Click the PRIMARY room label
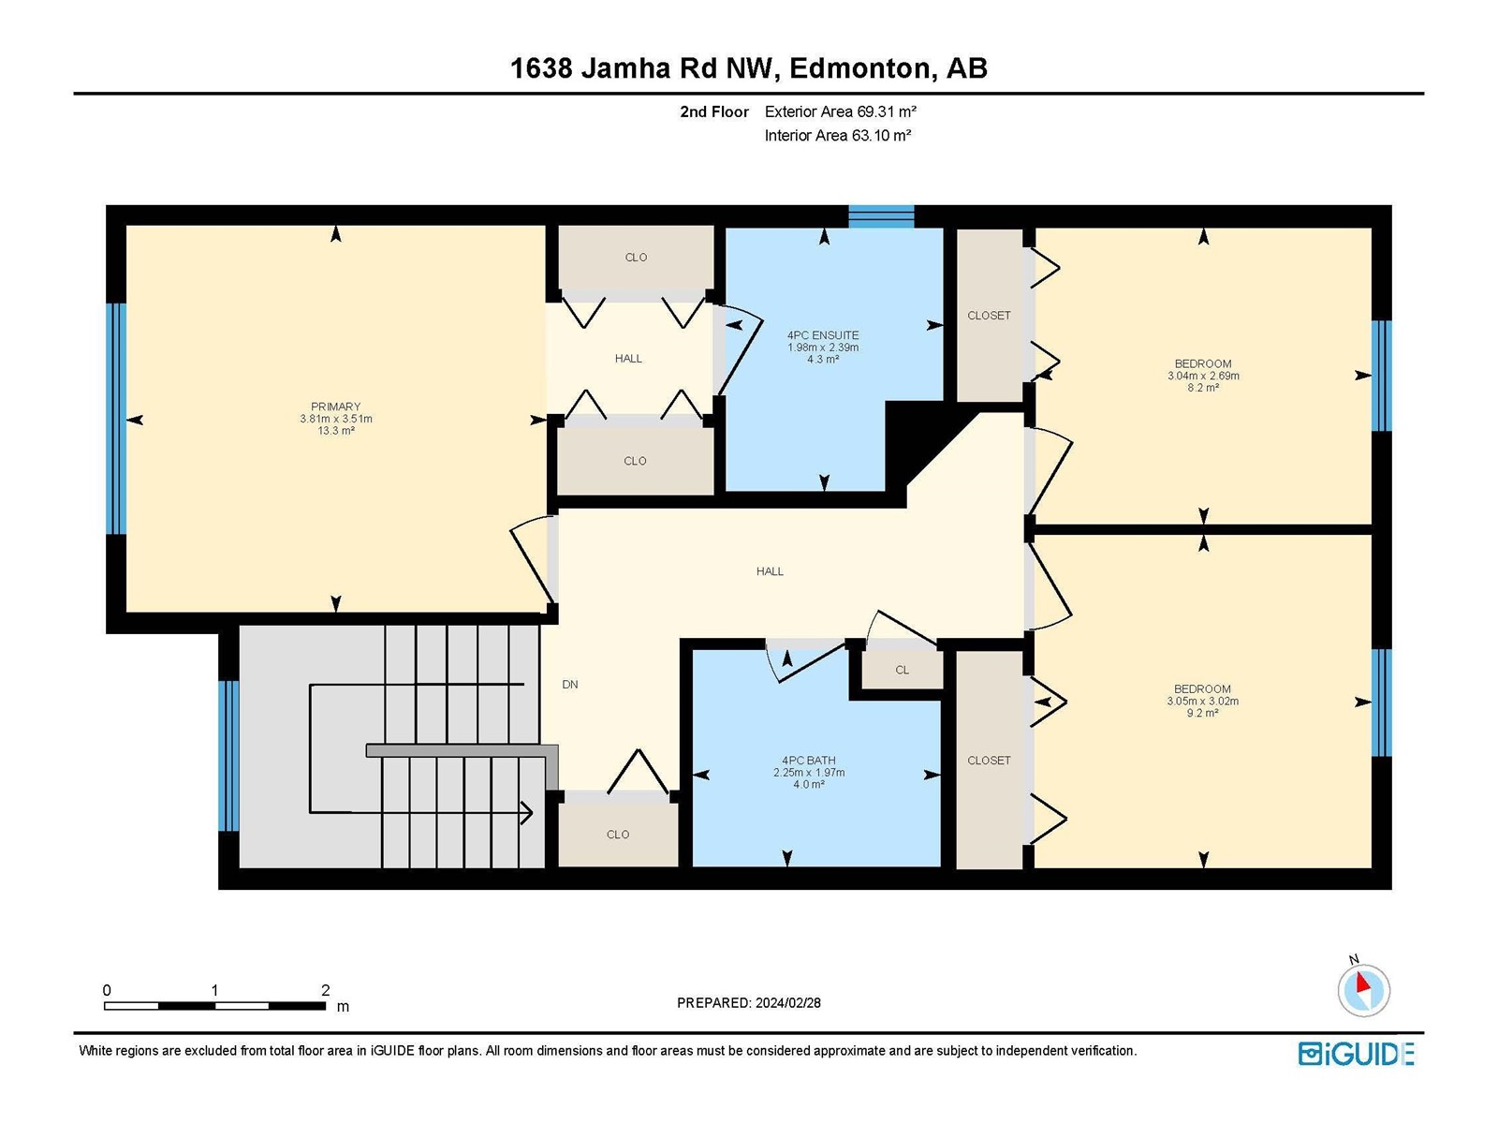pyautogui.click(x=336, y=407)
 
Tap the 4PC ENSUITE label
pyautogui.click(x=823, y=335)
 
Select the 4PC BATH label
pyautogui.click(x=809, y=761)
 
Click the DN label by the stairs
pyautogui.click(x=570, y=685)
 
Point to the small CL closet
pyautogui.click(x=903, y=670)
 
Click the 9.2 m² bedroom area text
pyautogui.click(x=1202, y=713)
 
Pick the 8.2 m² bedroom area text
pyautogui.click(x=1203, y=388)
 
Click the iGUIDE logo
pyautogui.click(x=1356, y=1054)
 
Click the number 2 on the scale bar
pyautogui.click(x=326, y=990)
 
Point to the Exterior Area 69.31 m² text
pyautogui.click(x=840, y=111)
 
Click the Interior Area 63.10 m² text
pyautogui.click(x=838, y=135)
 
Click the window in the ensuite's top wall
pyautogui.click(x=881, y=215)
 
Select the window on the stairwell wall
pyautogui.click(x=228, y=756)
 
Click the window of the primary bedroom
pyautogui.click(x=116, y=419)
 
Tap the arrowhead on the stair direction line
pyautogui.click(x=527, y=812)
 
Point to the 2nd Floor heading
pyautogui.click(x=713, y=111)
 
